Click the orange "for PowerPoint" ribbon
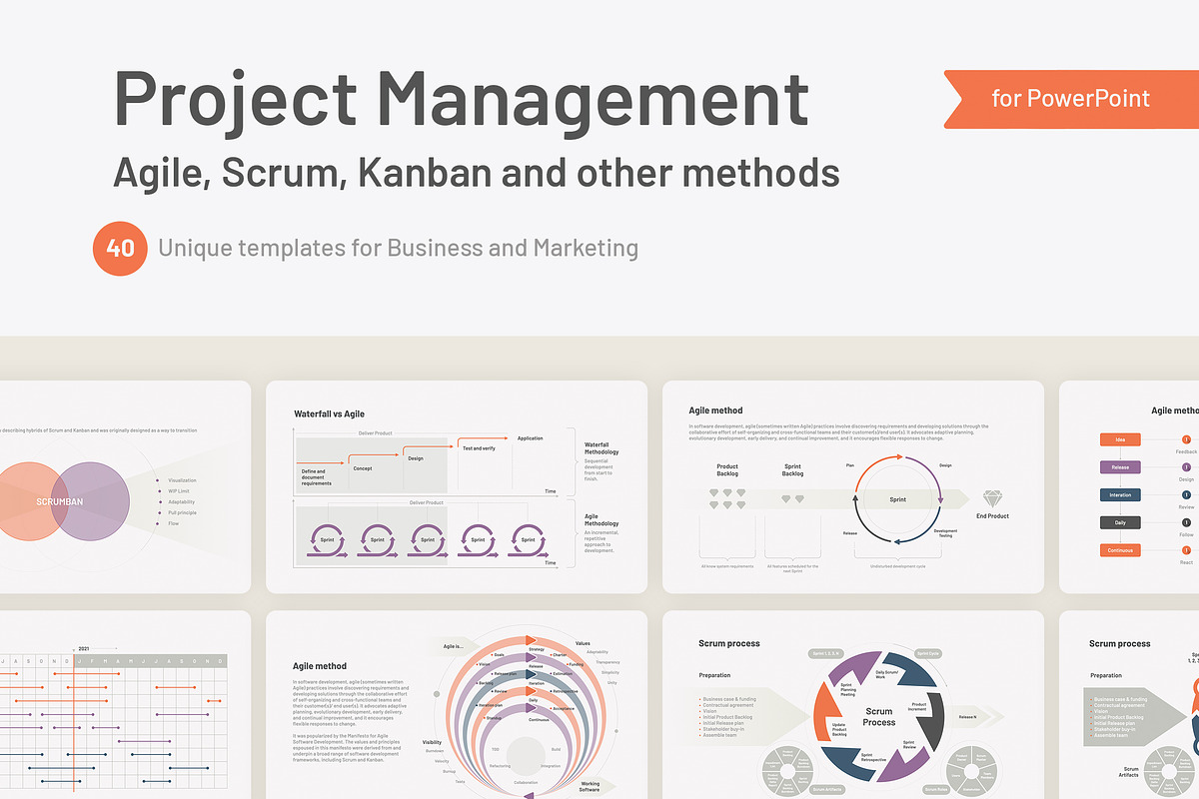[1070, 99]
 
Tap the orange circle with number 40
[121, 248]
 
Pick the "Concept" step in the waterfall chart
[363, 467]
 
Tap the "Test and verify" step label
[480, 448]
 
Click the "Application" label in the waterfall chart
[531, 438]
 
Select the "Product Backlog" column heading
[727, 470]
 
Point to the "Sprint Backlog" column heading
[792, 470]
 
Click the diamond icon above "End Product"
[992, 498]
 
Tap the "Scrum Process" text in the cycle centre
[879, 717]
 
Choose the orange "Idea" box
[1120, 439]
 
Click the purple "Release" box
[1120, 467]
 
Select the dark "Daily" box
[1120, 522]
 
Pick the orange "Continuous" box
[1120, 550]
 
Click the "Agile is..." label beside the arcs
[453, 646]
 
